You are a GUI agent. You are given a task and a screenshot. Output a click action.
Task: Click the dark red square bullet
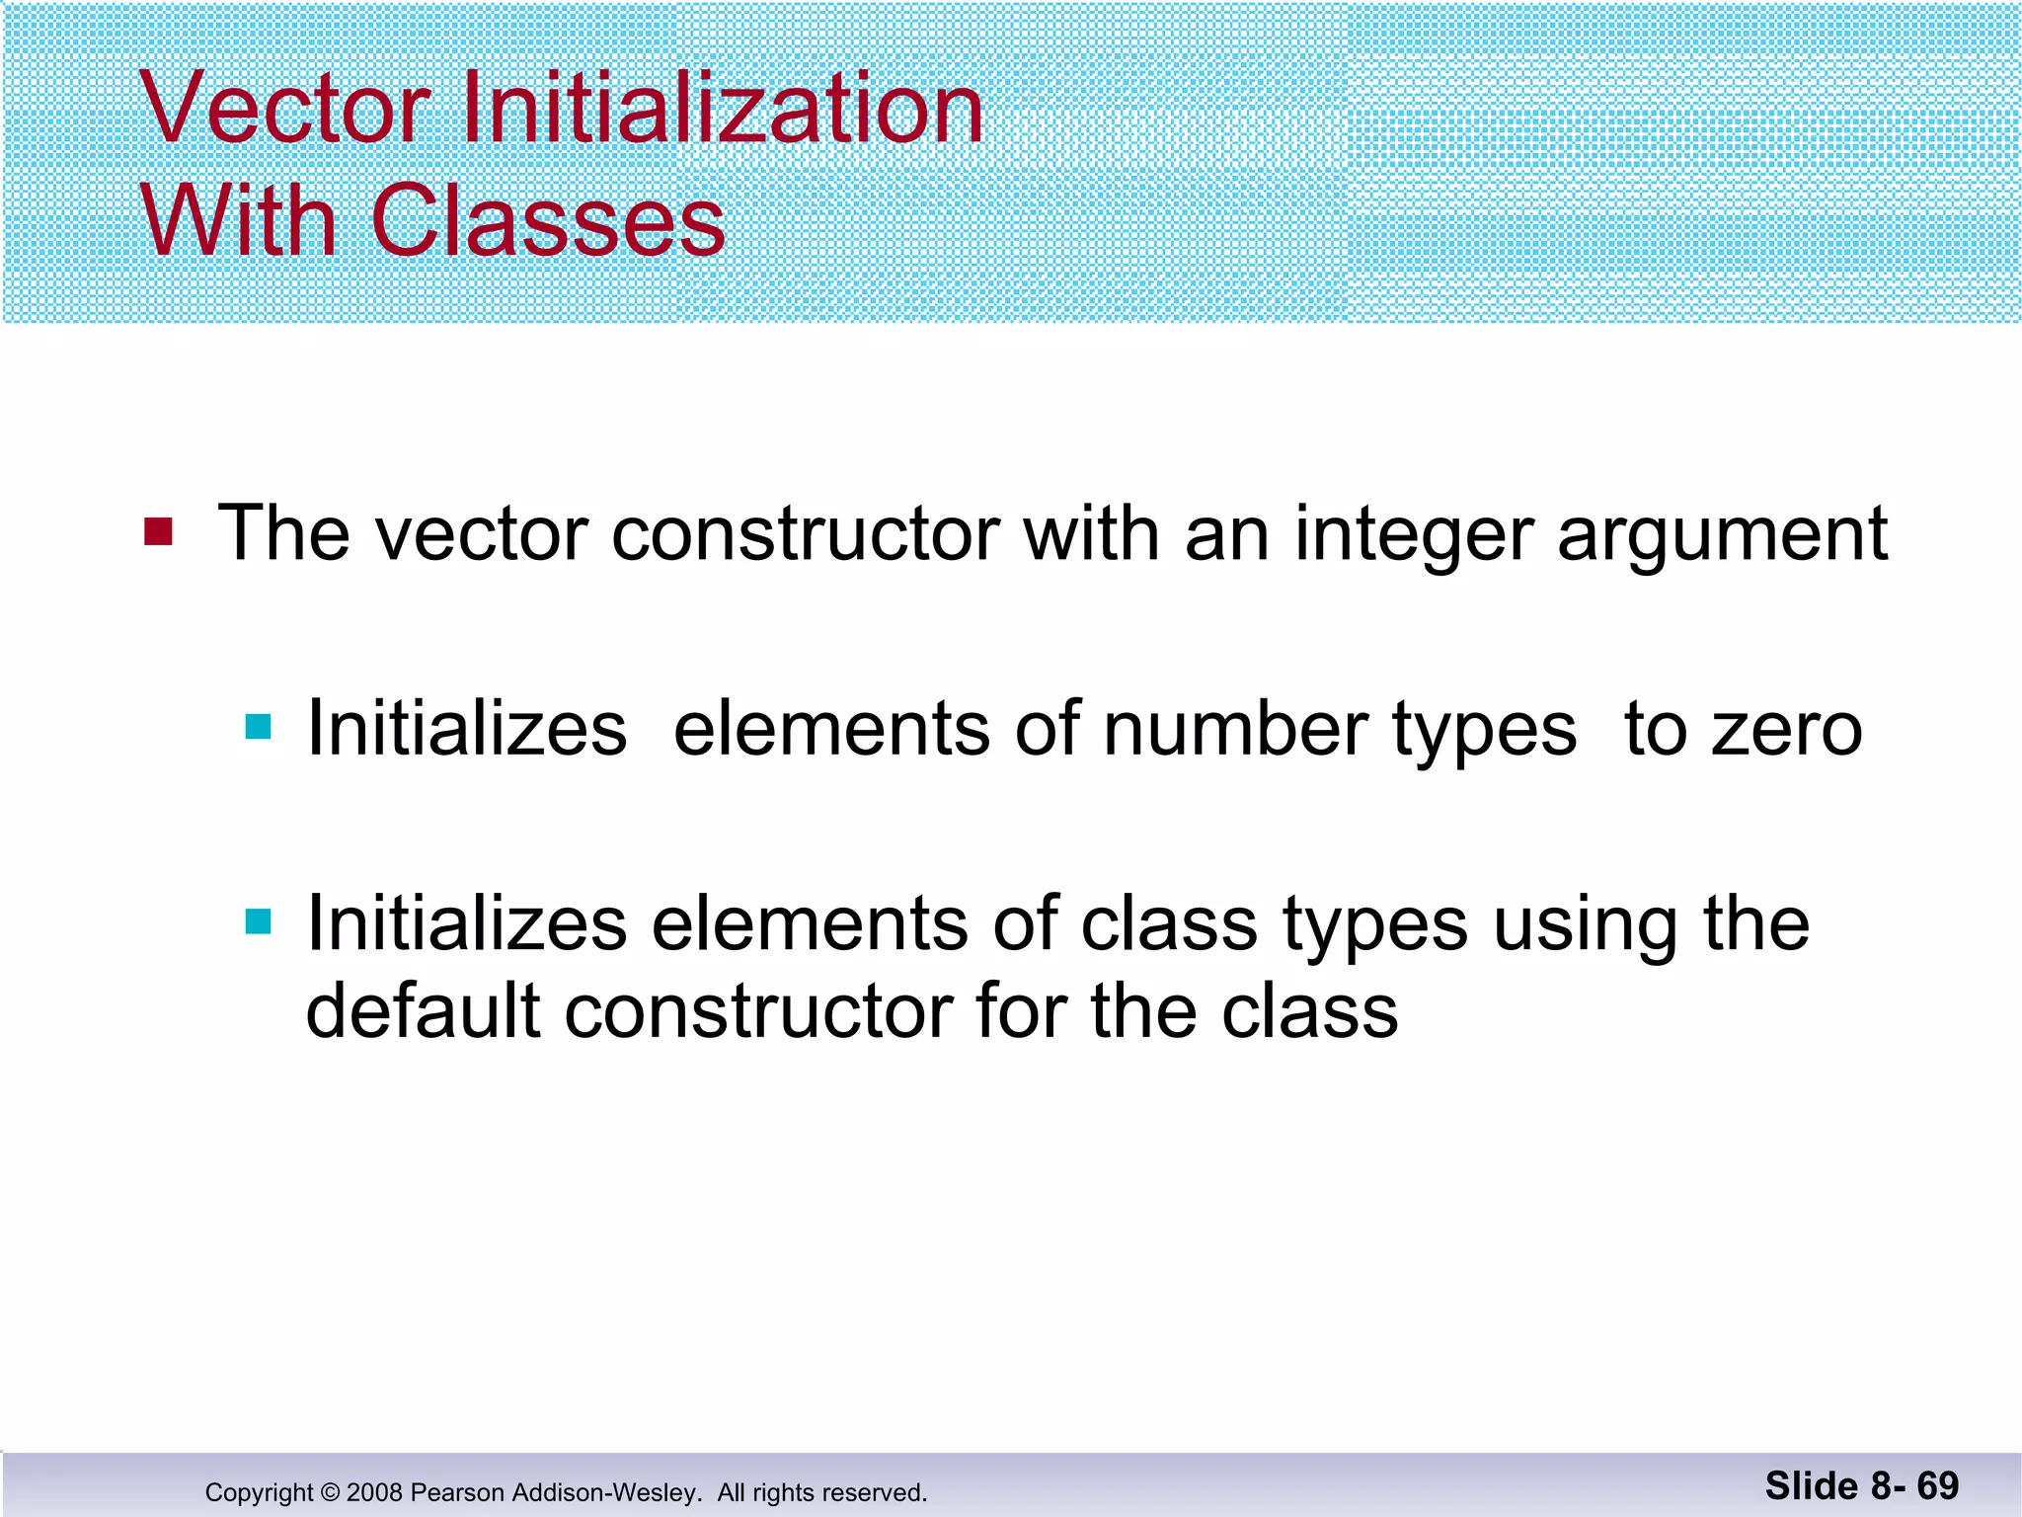point(158,532)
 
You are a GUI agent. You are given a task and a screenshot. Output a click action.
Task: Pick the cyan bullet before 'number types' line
point(259,728)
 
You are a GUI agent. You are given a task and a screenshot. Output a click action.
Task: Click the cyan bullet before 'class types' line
point(259,922)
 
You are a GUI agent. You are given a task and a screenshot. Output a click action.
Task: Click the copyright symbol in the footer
point(330,1492)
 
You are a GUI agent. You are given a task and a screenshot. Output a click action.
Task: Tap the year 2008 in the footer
point(374,1492)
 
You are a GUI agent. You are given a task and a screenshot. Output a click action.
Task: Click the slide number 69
point(1938,1485)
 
